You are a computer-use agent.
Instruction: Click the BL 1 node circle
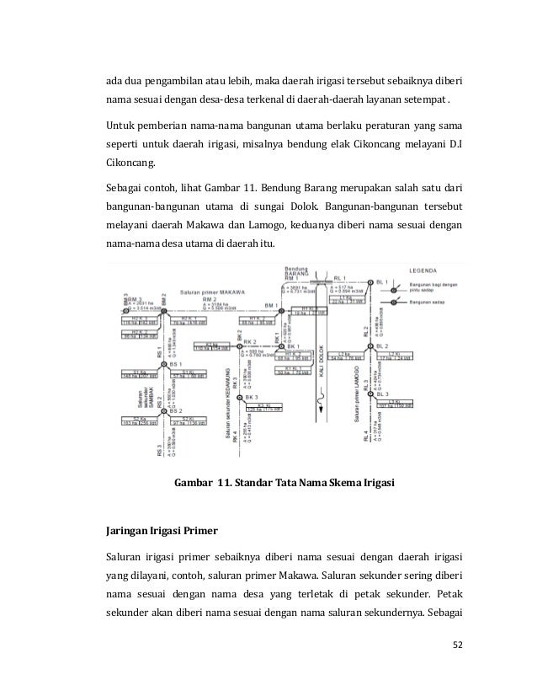pos(368,281)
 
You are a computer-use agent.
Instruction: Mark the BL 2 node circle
pos(368,345)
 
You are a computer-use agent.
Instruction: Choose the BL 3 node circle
pos(368,393)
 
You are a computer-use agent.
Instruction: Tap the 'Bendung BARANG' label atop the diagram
pos(297,270)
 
